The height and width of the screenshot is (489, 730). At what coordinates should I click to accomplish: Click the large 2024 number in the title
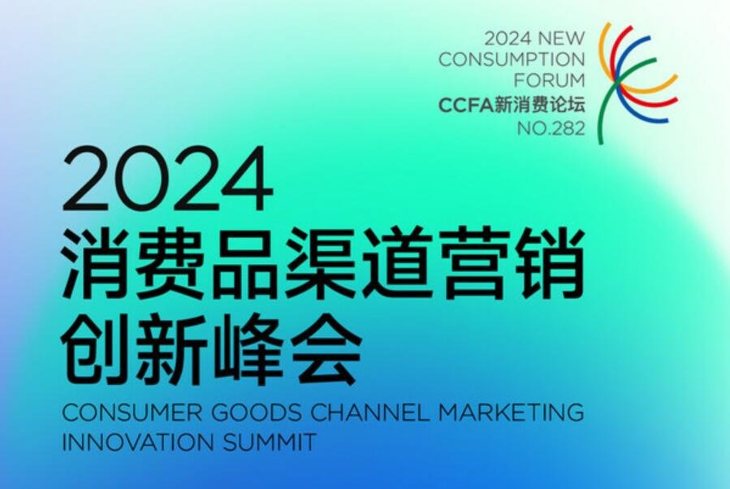(167, 179)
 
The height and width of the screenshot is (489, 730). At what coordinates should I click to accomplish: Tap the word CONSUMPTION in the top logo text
(512, 59)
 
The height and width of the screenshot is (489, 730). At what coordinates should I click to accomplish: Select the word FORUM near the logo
(550, 80)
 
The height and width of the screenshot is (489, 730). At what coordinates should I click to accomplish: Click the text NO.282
(551, 128)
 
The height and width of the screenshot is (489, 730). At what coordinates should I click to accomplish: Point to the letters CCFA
(465, 106)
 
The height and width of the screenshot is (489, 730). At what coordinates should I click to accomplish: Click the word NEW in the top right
(561, 39)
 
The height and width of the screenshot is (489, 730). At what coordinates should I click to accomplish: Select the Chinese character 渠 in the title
(322, 264)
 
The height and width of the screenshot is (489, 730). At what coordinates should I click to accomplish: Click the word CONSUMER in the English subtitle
(132, 413)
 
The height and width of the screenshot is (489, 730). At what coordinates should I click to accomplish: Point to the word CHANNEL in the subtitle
(369, 413)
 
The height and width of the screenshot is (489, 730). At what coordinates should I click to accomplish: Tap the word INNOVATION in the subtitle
(138, 442)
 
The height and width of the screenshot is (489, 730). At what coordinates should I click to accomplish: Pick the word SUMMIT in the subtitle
(270, 442)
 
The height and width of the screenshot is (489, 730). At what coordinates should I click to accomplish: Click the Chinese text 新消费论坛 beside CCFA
(539, 106)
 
